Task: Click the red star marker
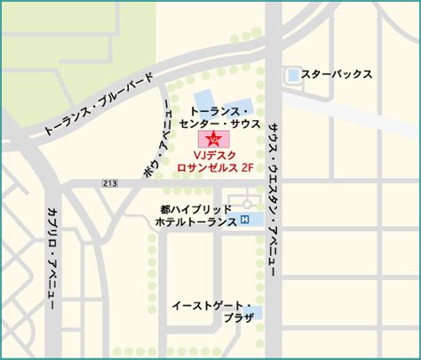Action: tap(214, 140)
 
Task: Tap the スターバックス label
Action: tap(336, 76)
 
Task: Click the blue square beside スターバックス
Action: tap(294, 76)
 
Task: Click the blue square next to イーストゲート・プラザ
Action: tap(258, 312)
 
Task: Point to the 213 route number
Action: tap(109, 183)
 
